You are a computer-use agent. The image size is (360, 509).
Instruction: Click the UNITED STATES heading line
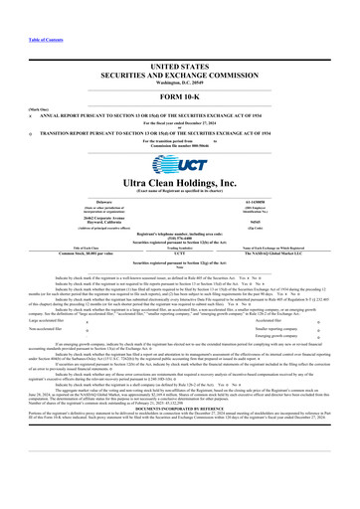179,36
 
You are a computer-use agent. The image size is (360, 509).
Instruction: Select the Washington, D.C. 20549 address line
179,52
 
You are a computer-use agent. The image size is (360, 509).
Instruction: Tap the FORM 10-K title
179,71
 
